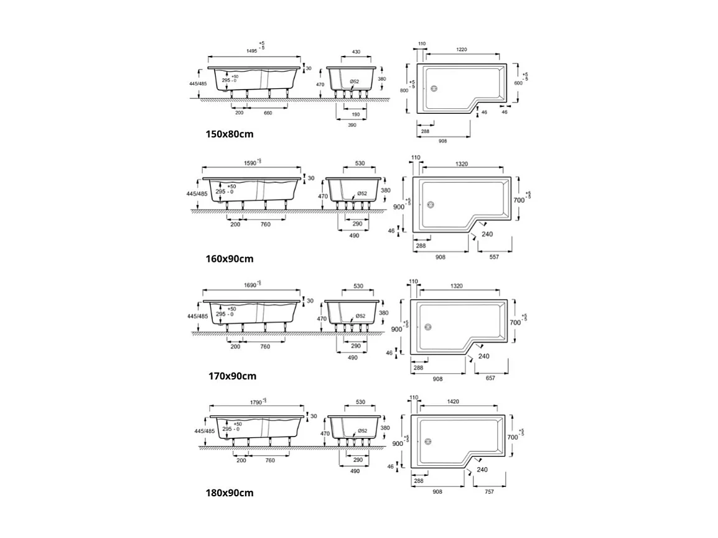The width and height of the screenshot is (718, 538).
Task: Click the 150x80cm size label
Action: [230, 134]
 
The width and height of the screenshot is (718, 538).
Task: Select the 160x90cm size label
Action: [230, 259]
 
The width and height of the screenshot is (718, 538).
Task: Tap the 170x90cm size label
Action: [231, 376]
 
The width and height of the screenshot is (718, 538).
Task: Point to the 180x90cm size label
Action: [230, 493]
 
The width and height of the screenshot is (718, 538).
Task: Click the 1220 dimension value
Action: [461, 49]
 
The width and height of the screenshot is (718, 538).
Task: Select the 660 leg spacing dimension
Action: [268, 113]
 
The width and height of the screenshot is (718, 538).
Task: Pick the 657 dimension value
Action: [491, 378]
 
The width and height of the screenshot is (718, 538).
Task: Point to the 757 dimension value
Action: [489, 492]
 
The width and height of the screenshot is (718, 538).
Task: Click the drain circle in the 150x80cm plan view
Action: [434, 88]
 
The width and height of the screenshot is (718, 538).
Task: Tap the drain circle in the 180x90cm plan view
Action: [427, 442]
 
